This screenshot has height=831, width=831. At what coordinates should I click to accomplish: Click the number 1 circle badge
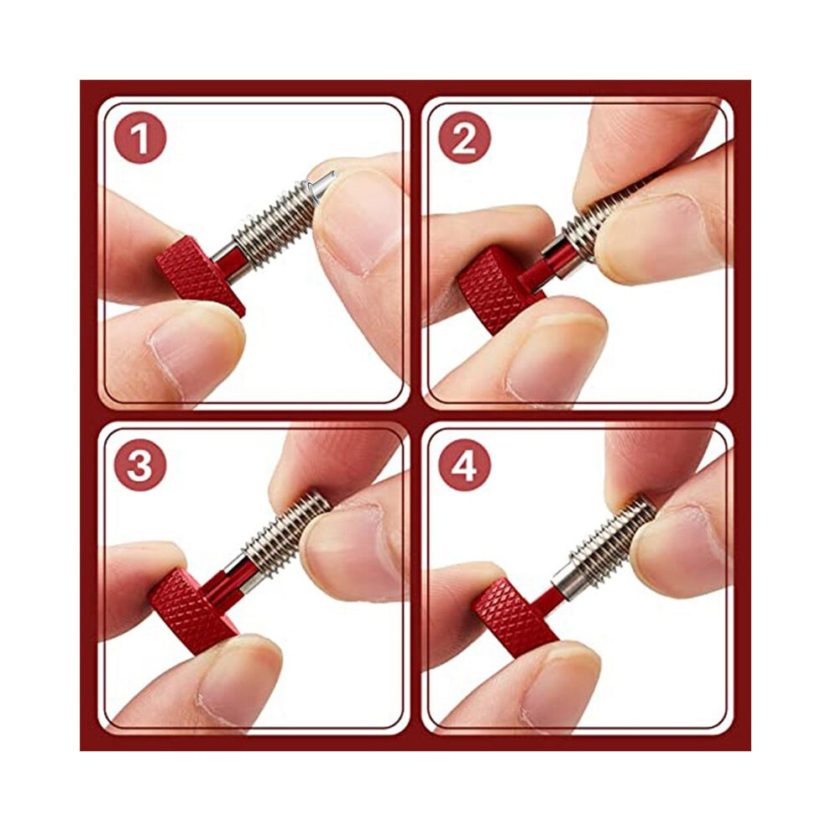[x=140, y=138]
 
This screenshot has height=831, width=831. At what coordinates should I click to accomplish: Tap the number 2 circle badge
[x=464, y=138]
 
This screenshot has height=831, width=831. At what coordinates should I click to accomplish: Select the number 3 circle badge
[x=140, y=465]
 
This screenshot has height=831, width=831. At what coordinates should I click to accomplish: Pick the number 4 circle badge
[x=464, y=465]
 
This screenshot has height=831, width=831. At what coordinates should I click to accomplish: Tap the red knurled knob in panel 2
[x=496, y=289]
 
